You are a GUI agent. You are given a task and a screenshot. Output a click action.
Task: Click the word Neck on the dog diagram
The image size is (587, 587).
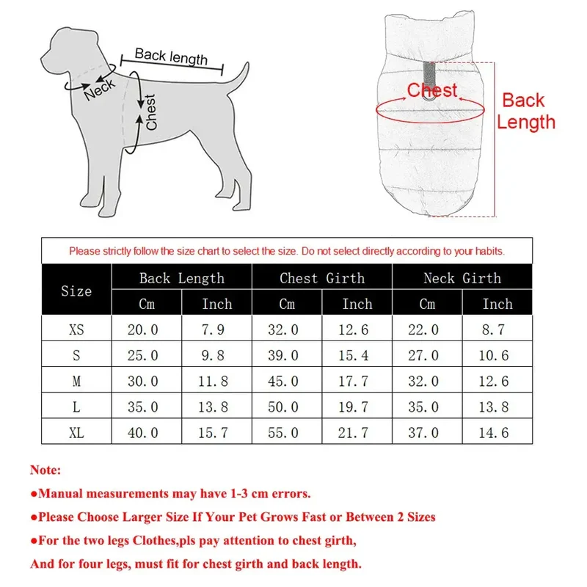[100, 90]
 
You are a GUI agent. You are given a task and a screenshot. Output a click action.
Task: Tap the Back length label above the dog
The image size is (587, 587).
[171, 56]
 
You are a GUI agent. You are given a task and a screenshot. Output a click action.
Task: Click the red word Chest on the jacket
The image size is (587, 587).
[432, 90]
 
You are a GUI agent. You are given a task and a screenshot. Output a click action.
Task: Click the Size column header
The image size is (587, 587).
[76, 291]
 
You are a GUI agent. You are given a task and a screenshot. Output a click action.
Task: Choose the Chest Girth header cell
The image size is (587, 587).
[322, 278]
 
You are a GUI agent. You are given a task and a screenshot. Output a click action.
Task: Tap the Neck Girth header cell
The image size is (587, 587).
[462, 278]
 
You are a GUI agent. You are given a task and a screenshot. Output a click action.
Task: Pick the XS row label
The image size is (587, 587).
[76, 329]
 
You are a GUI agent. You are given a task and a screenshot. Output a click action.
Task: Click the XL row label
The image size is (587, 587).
[76, 433]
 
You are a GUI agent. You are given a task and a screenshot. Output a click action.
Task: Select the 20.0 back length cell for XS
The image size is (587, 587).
[142, 329]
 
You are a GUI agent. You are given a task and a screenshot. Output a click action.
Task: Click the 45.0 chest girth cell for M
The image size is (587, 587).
[283, 381]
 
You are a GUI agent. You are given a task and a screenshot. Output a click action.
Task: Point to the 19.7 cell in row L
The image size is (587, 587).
[354, 407]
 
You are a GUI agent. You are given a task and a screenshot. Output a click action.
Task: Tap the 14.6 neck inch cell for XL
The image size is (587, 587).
[494, 433]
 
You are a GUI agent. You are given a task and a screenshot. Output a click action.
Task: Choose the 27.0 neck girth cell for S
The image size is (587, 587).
[423, 355]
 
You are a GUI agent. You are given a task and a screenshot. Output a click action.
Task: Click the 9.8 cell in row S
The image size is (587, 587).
[213, 355]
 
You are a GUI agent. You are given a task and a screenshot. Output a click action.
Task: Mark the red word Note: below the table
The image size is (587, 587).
[45, 470]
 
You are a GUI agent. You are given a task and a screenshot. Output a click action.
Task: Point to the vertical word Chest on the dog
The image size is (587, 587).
[150, 112]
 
